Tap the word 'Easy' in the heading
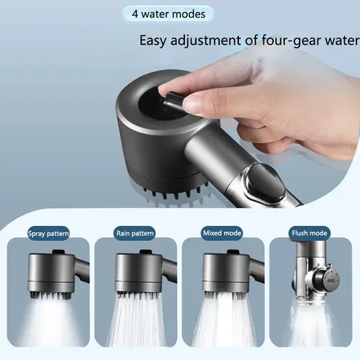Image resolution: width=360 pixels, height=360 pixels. (x=156, y=41)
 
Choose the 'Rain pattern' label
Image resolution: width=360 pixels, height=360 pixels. (x=134, y=234)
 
